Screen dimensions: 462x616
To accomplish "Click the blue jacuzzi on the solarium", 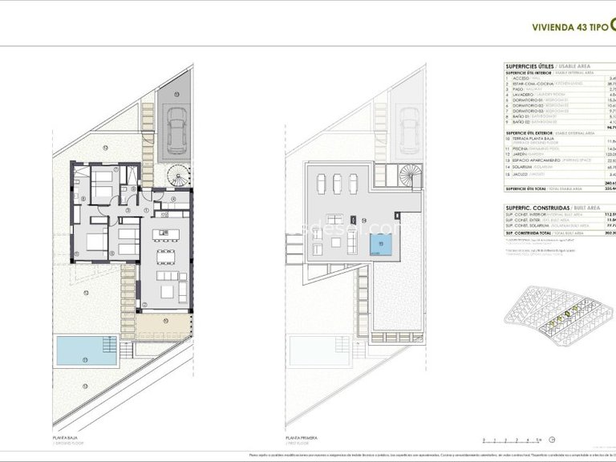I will [382, 246].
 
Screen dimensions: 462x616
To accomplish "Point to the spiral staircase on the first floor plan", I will [410, 174].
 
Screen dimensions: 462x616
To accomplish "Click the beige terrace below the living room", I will [163, 326].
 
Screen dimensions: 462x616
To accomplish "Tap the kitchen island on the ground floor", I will [168, 234].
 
